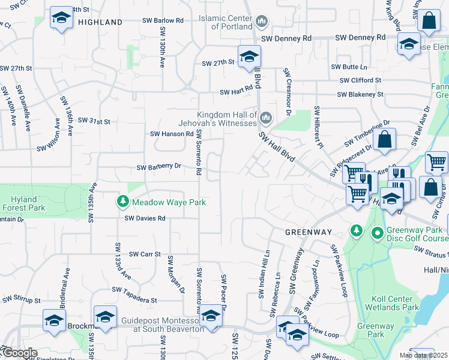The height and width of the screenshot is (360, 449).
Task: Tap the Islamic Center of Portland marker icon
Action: tap(261, 22)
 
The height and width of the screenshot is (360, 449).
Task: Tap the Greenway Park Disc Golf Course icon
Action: tap(378, 232)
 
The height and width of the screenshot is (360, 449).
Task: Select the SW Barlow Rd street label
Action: tap(163, 20)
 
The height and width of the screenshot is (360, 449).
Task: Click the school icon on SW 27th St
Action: tap(249, 56)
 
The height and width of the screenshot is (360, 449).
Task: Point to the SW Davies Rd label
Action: tap(145, 218)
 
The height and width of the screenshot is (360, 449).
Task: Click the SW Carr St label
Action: tap(145, 254)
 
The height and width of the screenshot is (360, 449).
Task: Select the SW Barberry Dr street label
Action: tap(159, 167)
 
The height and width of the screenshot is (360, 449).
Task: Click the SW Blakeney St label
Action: tap(360, 94)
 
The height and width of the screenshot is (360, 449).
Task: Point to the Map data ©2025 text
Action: tap(423, 355)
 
